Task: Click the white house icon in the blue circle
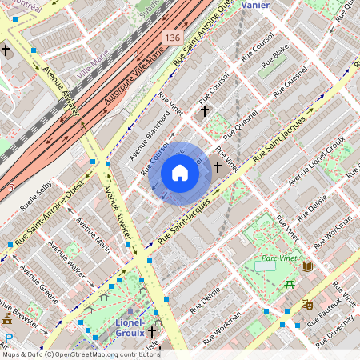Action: point(180,173)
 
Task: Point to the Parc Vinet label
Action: point(275,260)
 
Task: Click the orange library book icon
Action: point(307,266)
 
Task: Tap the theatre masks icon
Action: point(306,305)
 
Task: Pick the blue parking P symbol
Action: point(9,338)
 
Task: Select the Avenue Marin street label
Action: point(93,233)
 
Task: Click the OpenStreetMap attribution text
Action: point(80,354)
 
